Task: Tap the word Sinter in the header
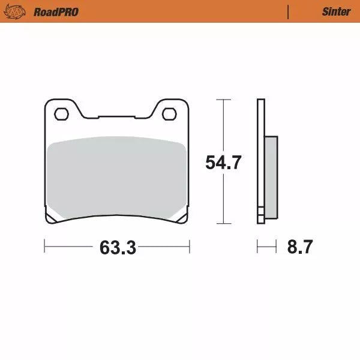tap(336, 11)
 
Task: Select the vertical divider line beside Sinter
tap(289, 11)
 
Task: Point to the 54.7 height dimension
tap(223, 163)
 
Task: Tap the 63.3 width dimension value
tap(117, 247)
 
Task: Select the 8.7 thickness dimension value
tap(299, 247)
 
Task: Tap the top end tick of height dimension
tap(223, 99)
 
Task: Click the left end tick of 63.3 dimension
tap(45, 246)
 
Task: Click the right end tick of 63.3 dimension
tap(190, 246)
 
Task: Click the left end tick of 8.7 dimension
tap(258, 246)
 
